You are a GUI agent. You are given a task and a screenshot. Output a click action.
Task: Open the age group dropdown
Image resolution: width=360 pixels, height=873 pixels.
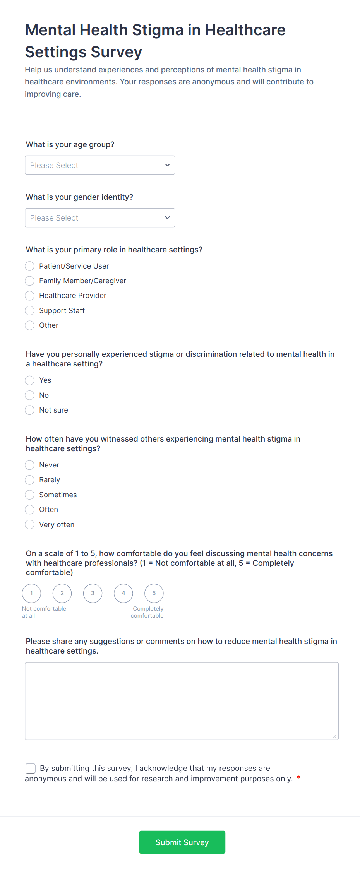[100, 165]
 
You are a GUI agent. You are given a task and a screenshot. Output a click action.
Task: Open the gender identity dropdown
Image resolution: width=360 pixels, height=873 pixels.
[100, 218]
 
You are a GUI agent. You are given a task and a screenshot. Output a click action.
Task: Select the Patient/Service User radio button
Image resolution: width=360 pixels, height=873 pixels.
[30, 266]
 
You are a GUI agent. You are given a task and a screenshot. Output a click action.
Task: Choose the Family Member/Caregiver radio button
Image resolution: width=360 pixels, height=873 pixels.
[30, 281]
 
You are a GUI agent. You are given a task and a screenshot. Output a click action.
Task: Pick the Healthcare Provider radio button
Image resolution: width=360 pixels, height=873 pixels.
[30, 296]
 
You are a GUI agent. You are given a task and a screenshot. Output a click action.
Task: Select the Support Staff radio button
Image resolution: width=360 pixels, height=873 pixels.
[30, 311]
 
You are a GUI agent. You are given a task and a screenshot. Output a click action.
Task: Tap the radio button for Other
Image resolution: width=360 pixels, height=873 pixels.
[30, 325]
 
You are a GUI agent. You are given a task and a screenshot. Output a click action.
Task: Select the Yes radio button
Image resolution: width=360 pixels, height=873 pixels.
[30, 380]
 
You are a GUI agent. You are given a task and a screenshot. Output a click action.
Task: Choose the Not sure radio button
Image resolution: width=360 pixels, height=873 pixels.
[30, 410]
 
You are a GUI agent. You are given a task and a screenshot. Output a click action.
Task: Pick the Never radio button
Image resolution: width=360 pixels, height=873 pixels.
[30, 465]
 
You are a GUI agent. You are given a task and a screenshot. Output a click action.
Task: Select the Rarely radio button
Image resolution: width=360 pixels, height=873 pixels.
[30, 480]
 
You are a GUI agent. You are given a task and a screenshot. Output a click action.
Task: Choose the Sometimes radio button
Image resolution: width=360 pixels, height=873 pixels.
[30, 495]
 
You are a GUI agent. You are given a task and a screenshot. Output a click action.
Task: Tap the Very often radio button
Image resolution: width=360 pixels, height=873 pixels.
[30, 525]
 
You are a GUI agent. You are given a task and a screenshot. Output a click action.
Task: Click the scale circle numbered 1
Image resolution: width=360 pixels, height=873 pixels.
[31, 593]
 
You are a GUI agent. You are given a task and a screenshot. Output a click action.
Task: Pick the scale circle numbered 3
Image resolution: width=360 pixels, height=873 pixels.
[93, 593]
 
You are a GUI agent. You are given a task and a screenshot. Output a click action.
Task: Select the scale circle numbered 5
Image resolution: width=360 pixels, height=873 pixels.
[154, 593]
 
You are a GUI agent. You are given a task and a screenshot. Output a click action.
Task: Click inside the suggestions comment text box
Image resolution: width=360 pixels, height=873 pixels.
[182, 701]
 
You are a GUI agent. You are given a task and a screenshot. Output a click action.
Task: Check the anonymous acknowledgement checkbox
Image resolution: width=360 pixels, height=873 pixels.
[31, 769]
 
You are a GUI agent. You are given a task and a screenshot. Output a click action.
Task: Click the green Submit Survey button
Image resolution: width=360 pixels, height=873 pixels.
[182, 842]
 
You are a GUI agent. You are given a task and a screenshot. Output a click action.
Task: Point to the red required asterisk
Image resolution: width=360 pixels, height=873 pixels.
[298, 778]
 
